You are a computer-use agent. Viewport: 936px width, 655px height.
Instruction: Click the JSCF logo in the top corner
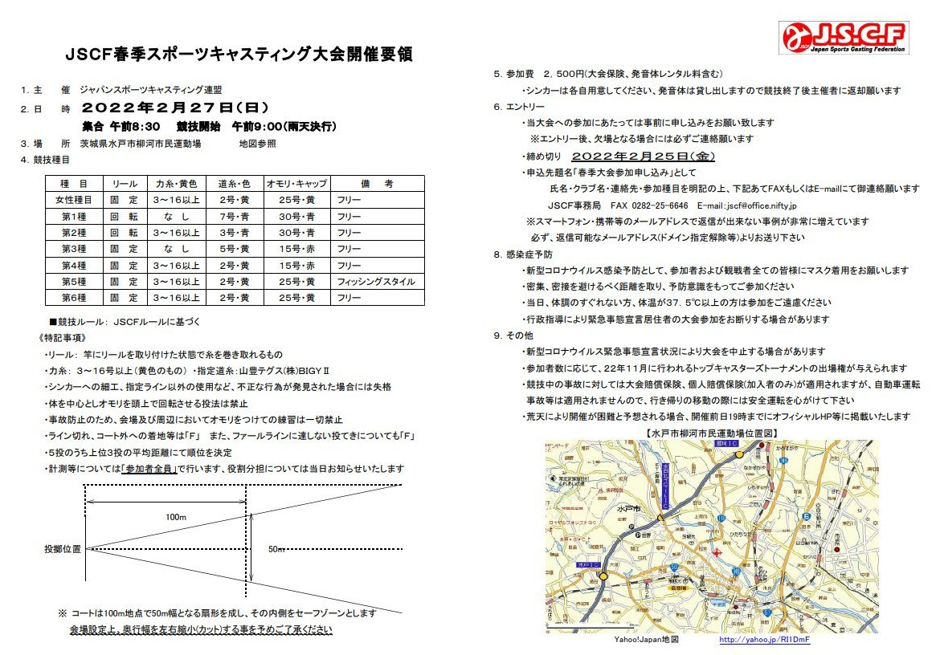pyautogui.click(x=844, y=38)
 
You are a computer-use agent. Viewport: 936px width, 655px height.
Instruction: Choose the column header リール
pyautogui.click(x=125, y=184)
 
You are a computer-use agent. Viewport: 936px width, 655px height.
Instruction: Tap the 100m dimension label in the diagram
pyautogui.click(x=176, y=518)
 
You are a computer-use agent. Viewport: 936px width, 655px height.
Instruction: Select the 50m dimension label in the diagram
pyautogui.click(x=276, y=549)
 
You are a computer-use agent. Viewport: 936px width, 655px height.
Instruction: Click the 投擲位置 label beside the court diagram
pyautogui.click(x=63, y=549)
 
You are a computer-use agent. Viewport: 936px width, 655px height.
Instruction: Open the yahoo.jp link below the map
pyautogui.click(x=753, y=640)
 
